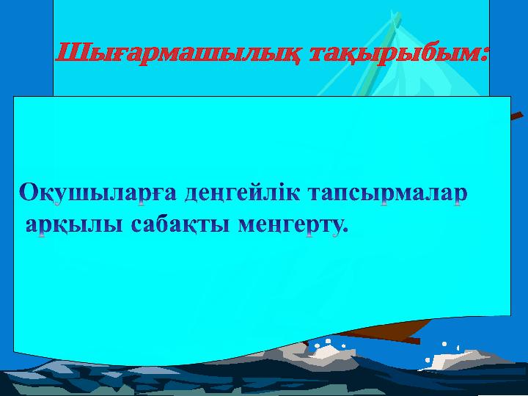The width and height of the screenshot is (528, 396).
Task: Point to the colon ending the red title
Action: point(484,54)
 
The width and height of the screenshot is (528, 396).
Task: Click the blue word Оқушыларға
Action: point(98,194)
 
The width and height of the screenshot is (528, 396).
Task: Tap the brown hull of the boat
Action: point(384,329)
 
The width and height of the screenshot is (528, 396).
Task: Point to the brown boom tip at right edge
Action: point(517,116)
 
